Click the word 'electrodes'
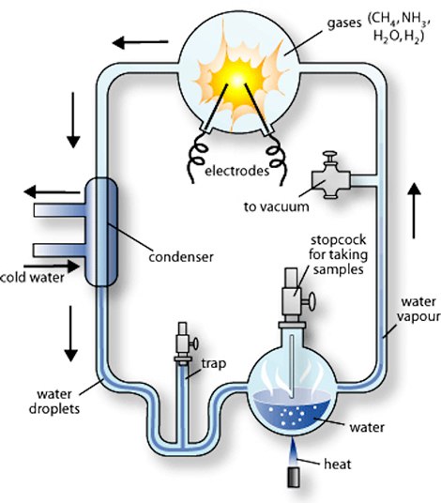tap(237, 171)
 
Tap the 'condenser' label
tap(181, 257)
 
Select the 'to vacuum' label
tap(277, 206)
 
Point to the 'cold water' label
tap(32, 278)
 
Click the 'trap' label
tap(214, 364)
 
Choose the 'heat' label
tap(338, 465)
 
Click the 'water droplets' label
tap(54, 402)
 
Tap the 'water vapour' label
tap(418, 310)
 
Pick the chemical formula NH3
tap(415, 20)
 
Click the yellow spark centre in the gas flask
tap(236, 80)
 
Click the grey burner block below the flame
tap(294, 478)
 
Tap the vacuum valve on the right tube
tap(331, 177)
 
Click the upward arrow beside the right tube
tap(415, 210)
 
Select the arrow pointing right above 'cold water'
tap(52, 266)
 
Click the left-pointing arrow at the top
tap(140, 42)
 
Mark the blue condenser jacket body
tap(101, 232)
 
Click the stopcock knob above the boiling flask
tap(310, 301)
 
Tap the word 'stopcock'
tap(339, 240)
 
